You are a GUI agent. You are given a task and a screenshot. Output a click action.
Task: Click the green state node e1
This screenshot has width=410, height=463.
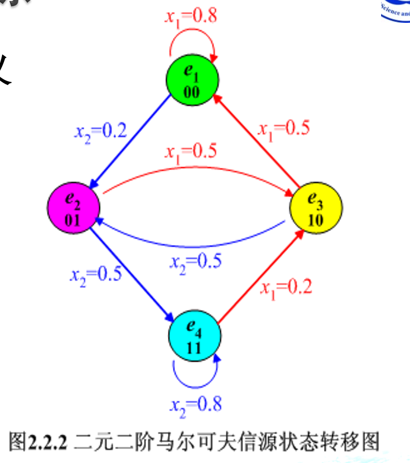tap(192, 80)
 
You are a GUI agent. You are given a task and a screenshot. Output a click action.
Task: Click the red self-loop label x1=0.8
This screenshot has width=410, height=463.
tap(191, 16)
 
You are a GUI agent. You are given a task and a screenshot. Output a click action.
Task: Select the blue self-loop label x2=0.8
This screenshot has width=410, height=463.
tap(195, 405)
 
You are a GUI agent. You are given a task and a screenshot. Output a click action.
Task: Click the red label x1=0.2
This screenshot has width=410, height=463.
tap(286, 288)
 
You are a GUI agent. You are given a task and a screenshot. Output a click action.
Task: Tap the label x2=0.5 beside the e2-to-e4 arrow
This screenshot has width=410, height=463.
tap(96, 275)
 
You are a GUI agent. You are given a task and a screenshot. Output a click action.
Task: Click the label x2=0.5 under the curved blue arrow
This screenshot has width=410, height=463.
tap(195, 261)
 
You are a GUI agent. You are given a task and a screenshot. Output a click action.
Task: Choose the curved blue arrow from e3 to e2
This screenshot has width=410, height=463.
tap(195, 242)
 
